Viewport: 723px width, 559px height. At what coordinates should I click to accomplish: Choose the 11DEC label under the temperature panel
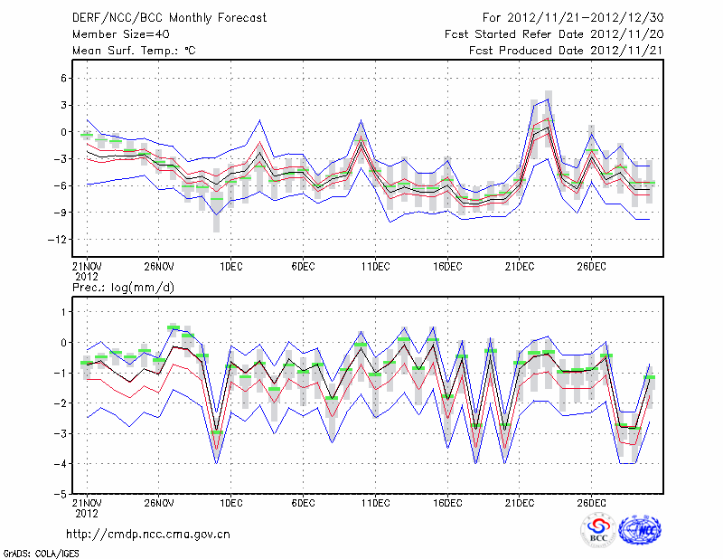[x=375, y=267]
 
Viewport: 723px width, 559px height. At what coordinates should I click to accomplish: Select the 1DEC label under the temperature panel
[x=230, y=267]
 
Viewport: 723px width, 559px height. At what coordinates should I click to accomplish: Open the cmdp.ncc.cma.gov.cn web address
[x=148, y=534]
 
